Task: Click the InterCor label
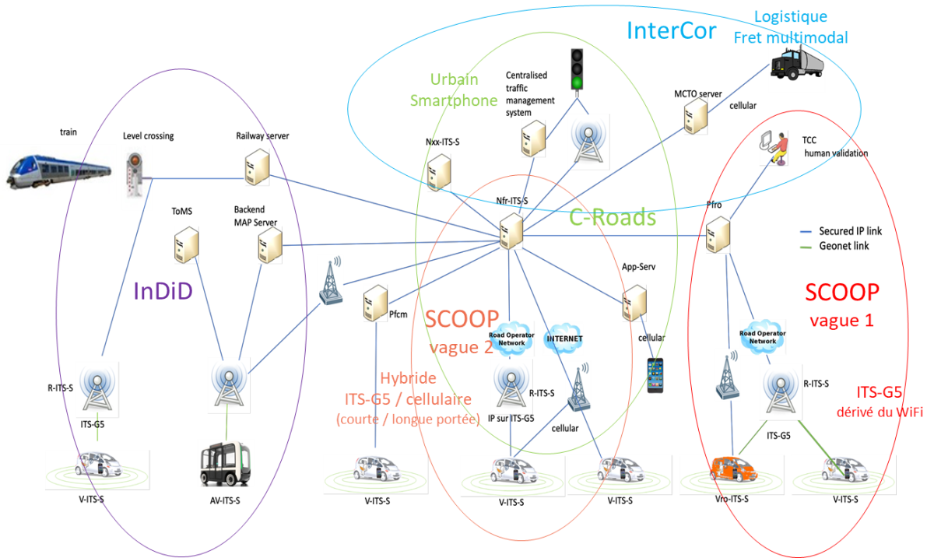pyautogui.click(x=671, y=30)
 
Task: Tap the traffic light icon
pyautogui.click(x=577, y=68)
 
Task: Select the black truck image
pyautogui.click(x=795, y=64)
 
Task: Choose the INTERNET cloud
pyautogui.click(x=563, y=339)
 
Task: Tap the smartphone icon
pyautogui.click(x=655, y=374)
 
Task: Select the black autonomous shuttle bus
pyautogui.click(x=226, y=462)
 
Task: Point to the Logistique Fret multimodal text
pyautogui.click(x=791, y=26)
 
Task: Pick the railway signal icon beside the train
pyautogui.click(x=137, y=178)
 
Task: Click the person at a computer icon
pyautogui.click(x=774, y=147)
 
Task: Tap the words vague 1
pyautogui.click(x=841, y=321)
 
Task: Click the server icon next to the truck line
pyautogui.click(x=695, y=117)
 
